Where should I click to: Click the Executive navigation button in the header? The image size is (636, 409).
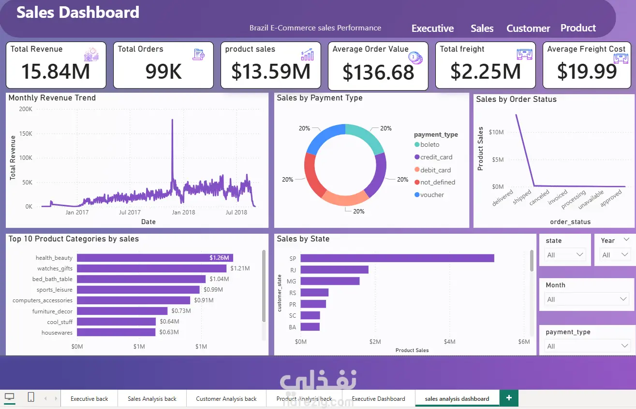tap(432, 28)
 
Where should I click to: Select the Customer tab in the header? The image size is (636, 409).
tap(528, 28)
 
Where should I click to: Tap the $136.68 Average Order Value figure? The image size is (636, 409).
tap(378, 72)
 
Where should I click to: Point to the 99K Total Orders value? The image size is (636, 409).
tap(163, 71)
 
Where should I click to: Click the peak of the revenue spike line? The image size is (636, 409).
tap(172, 120)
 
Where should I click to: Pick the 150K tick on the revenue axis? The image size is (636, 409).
tap(26, 133)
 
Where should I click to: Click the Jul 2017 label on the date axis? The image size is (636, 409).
tap(130, 212)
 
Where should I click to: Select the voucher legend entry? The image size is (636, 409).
tap(429, 195)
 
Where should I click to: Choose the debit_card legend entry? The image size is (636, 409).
tap(432, 170)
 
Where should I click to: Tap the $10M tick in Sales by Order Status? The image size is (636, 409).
tap(496, 132)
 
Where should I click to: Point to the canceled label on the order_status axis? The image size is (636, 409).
tap(539, 197)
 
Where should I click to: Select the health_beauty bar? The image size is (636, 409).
tap(155, 258)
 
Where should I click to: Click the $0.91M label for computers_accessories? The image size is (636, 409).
tap(204, 300)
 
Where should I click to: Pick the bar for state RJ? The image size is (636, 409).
tap(335, 269)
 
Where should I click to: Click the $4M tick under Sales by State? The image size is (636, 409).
tap(449, 342)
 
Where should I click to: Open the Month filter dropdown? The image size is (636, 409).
tap(587, 299)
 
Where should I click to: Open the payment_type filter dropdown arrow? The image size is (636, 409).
tap(624, 346)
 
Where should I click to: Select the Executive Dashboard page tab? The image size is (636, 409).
tap(379, 399)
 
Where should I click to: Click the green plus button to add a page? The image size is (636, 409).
tap(509, 398)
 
